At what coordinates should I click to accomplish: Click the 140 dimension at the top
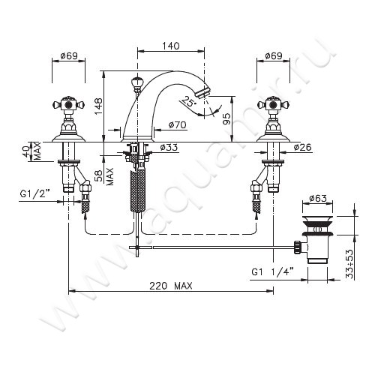171,46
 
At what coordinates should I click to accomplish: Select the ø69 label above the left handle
69,55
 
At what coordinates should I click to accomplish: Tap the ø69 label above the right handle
274,55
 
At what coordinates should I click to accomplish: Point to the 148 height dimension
98,106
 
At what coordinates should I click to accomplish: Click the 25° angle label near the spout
188,101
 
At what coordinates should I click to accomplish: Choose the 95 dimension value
226,119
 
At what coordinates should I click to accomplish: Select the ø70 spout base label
177,124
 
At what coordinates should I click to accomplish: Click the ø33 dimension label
169,147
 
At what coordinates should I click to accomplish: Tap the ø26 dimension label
303,147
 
